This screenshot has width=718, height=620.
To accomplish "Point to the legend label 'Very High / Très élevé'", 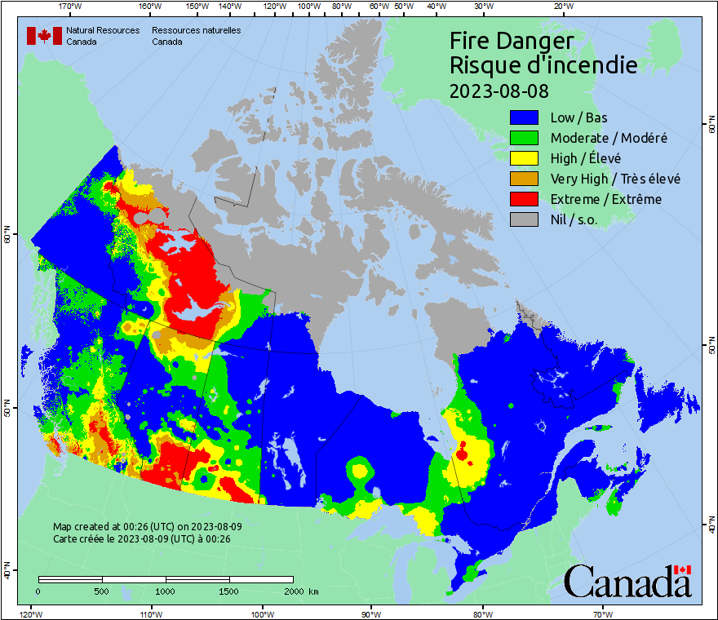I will click(615, 179).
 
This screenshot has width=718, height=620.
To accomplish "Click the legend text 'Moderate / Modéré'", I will click(609, 139).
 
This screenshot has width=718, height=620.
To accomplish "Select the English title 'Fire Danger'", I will click(512, 41).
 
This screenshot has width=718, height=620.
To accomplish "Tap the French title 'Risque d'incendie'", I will click(543, 65).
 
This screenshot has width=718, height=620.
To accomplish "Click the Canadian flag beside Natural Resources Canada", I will click(44, 36).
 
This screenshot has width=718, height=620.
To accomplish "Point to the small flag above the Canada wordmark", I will click(683, 569).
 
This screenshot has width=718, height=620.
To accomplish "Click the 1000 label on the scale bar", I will click(166, 591).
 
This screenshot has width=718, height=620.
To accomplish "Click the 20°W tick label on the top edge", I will click(562, 7).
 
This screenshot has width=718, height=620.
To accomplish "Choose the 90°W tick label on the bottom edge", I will click(370, 613).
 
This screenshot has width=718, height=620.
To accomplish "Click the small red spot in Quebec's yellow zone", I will click(463, 451).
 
